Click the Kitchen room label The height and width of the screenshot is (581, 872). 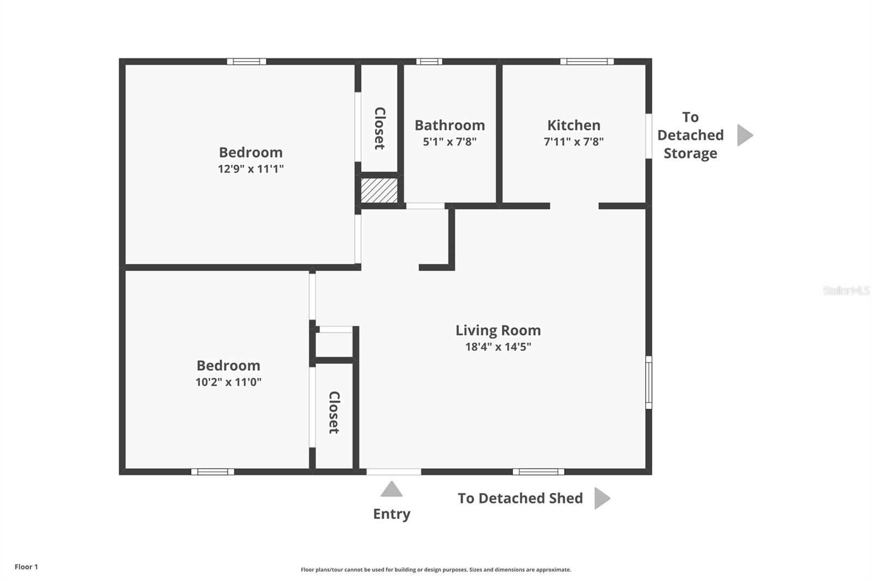click(x=573, y=125)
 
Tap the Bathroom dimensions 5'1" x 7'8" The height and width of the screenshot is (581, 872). click(x=450, y=142)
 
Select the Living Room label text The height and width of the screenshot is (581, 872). click(x=498, y=330)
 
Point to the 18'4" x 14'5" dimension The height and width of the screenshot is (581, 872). click(x=498, y=347)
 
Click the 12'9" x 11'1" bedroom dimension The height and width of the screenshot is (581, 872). click(x=251, y=169)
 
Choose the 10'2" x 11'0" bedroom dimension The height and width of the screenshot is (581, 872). click(x=228, y=382)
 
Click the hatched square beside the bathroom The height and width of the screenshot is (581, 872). click(x=379, y=190)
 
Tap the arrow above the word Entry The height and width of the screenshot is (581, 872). click(x=391, y=489)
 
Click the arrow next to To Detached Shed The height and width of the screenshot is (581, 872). click(x=602, y=498)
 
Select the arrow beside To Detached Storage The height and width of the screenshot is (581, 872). click(x=744, y=135)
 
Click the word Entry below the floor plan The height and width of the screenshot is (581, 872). click(x=391, y=514)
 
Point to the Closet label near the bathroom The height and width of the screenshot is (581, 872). click(x=380, y=128)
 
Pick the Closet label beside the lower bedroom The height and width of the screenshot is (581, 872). click(x=334, y=413)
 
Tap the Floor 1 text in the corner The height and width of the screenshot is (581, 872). click(x=26, y=567)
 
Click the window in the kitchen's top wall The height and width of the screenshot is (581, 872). click(x=587, y=62)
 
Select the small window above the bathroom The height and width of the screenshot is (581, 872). click(x=429, y=62)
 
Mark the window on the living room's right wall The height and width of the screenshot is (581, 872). click(x=649, y=382)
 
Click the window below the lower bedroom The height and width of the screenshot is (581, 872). click(x=213, y=471)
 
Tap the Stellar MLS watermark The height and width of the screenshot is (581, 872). click(x=846, y=290)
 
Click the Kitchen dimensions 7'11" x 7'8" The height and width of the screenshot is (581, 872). click(x=573, y=142)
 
